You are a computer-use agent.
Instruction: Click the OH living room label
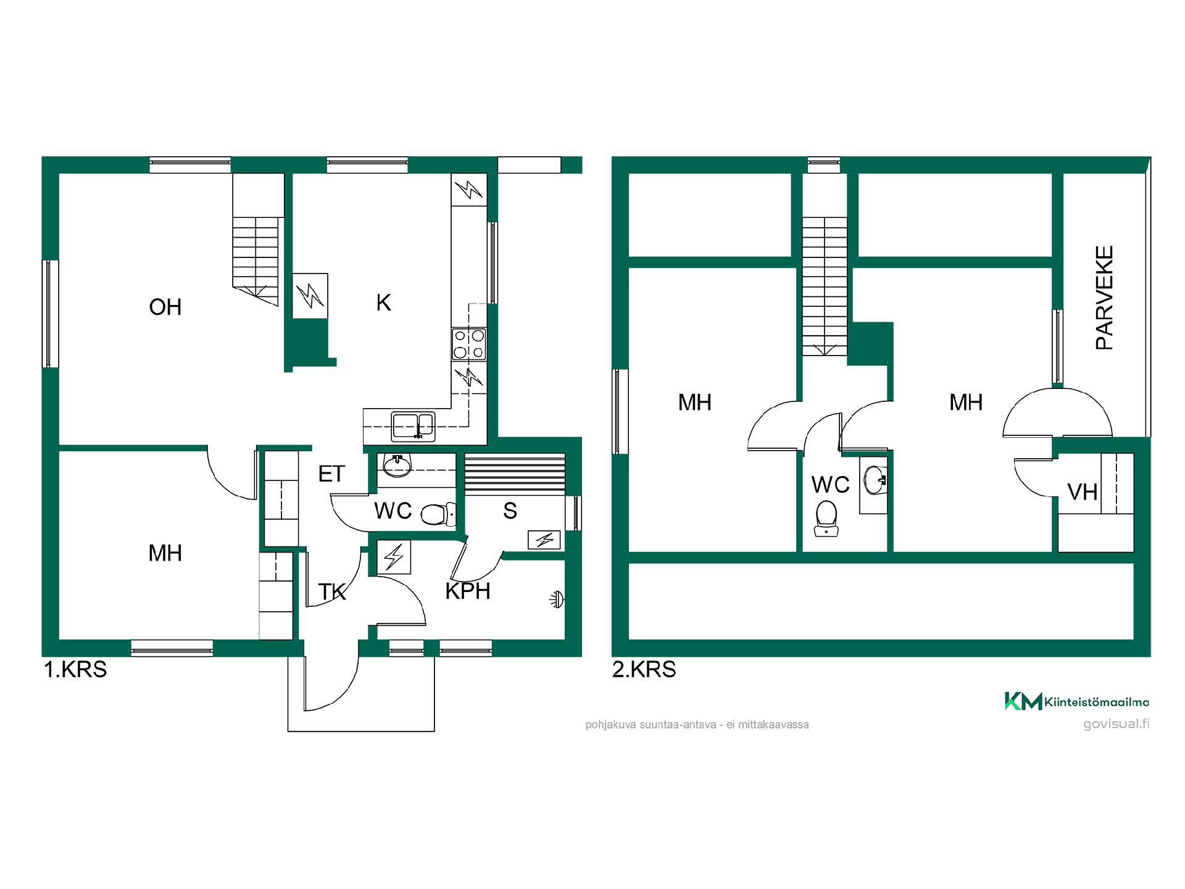[x=165, y=307]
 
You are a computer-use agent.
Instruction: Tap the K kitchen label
[x=383, y=303]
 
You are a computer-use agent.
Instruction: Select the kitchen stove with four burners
[x=469, y=344]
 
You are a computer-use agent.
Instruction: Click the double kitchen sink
[x=414, y=425]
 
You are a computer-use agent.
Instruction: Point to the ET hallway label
[x=331, y=474]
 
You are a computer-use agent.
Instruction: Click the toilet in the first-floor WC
[x=438, y=513]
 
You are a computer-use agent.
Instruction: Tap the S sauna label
[x=510, y=511]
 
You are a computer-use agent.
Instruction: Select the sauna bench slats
[x=515, y=474]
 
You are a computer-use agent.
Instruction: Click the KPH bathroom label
[x=468, y=591]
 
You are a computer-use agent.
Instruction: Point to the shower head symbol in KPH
[x=557, y=599]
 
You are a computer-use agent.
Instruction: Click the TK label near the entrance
[x=332, y=591]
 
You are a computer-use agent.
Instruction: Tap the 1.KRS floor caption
[x=75, y=669]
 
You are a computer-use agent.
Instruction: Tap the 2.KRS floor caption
[x=644, y=669]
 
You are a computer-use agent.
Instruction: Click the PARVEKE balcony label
[x=1104, y=298]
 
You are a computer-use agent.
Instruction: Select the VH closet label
[x=1083, y=492]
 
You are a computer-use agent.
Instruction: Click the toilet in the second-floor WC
[x=826, y=517]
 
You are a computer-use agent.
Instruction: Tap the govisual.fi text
[x=1116, y=724]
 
